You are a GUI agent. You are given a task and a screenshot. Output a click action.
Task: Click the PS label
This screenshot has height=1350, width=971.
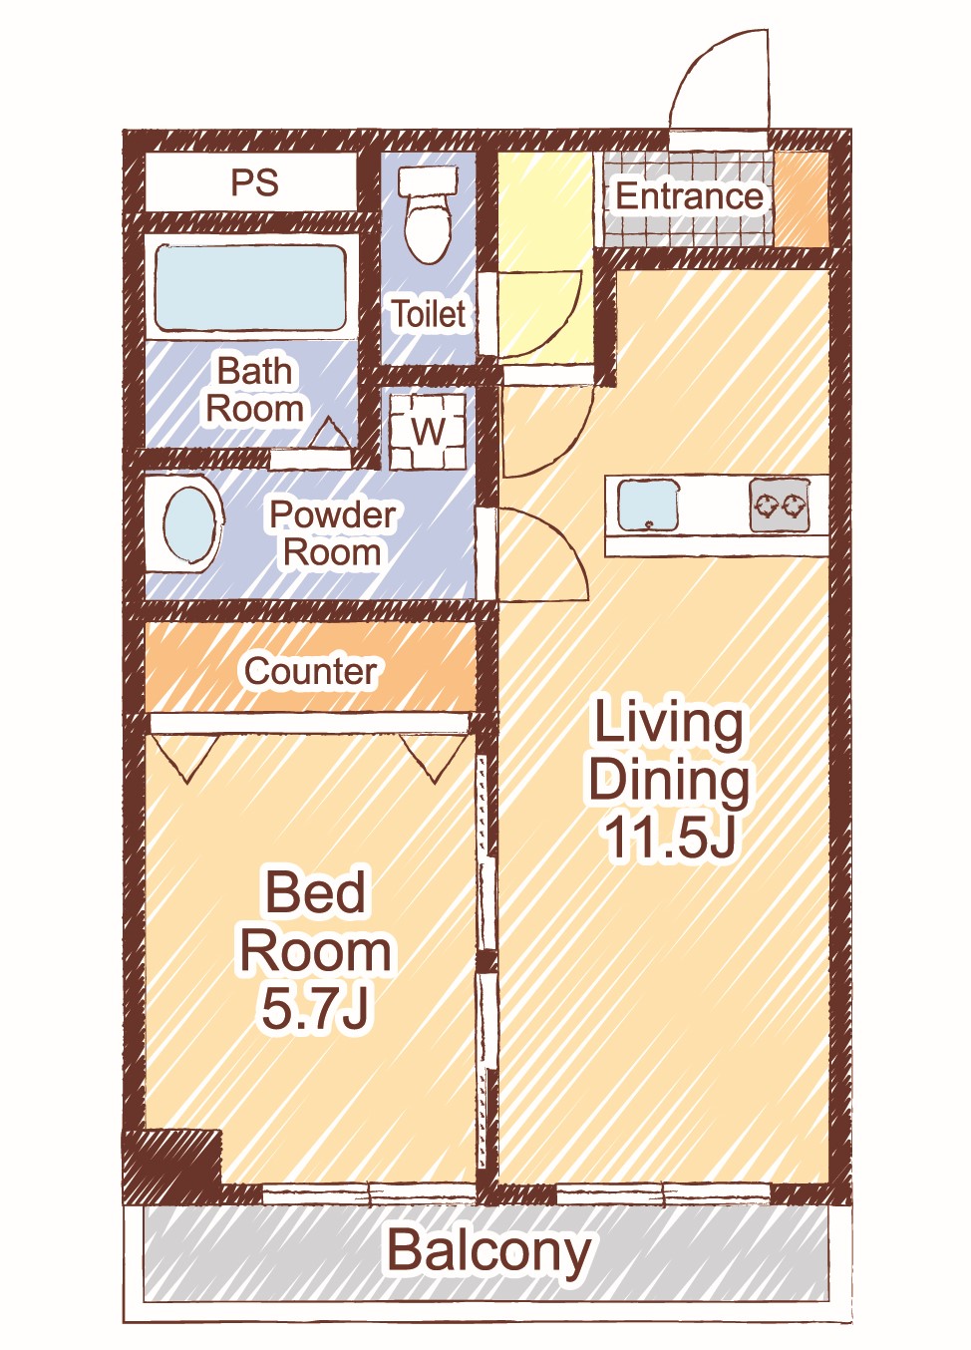(255, 182)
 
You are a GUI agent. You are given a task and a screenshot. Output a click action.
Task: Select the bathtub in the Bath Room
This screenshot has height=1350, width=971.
(251, 288)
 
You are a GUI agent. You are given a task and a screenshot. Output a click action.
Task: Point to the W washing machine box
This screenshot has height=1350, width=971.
(428, 431)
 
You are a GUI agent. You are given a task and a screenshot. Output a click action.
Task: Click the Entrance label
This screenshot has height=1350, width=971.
(689, 195)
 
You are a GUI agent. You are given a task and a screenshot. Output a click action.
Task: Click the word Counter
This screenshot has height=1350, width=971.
(310, 671)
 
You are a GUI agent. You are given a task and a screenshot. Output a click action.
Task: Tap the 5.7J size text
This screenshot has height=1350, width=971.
(315, 1007)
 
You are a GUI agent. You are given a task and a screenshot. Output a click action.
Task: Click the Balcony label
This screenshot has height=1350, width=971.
(488, 1250)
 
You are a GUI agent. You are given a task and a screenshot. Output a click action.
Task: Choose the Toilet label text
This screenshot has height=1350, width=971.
(429, 313)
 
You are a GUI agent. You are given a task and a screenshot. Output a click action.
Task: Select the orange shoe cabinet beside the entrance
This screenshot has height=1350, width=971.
(802, 199)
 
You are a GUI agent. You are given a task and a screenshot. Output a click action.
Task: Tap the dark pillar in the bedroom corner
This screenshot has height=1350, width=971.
(172, 1159)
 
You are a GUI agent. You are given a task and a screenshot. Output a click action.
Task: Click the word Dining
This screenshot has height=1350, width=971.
(669, 782)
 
